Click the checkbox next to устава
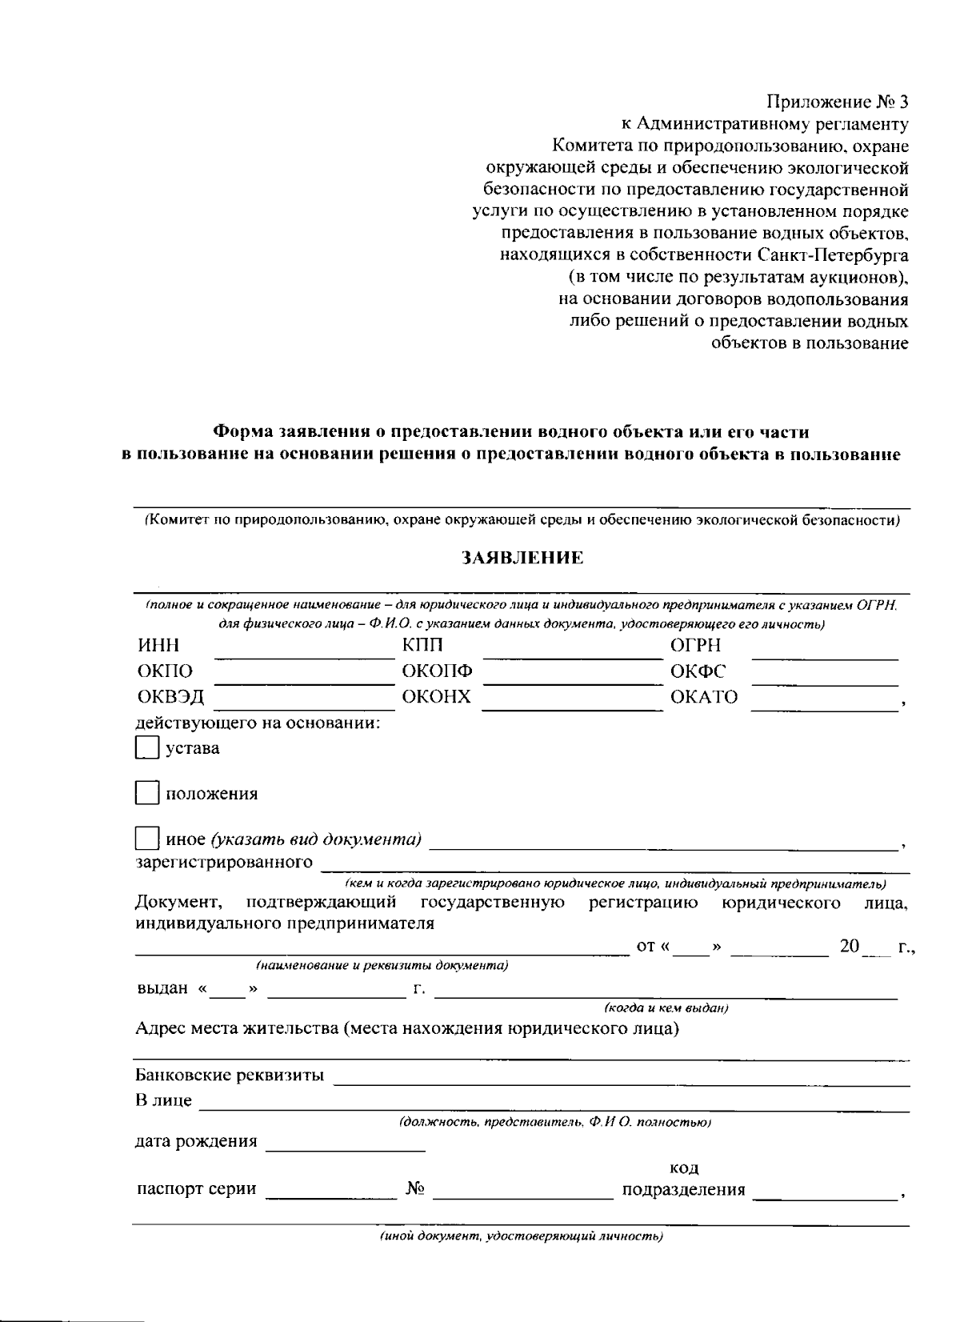tap(147, 748)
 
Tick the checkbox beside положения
tap(147, 793)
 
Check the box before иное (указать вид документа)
tap(147, 839)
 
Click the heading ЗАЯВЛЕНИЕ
tap(522, 559)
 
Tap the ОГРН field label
tap(695, 645)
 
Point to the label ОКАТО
tap(704, 697)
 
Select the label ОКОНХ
tap(436, 697)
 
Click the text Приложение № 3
tap(838, 102)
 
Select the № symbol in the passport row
tap(414, 1189)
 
